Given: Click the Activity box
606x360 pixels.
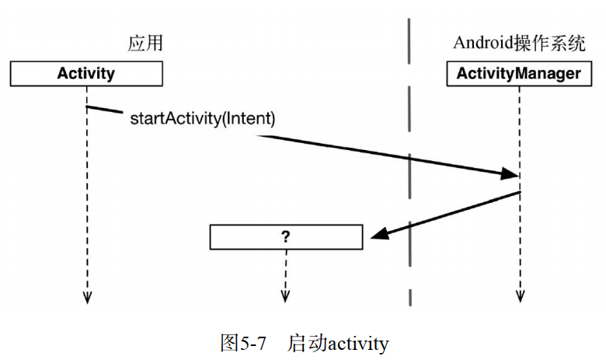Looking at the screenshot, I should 86,74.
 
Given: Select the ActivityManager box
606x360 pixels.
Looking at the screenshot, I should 518,74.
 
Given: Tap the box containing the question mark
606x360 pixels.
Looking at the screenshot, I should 285,237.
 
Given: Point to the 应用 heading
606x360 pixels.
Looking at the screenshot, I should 145,44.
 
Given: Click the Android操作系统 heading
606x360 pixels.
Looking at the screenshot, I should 519,44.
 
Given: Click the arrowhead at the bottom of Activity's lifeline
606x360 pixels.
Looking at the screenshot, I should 87,296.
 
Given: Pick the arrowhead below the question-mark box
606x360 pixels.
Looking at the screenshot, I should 285,296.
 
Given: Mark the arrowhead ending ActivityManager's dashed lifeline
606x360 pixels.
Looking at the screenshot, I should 519,296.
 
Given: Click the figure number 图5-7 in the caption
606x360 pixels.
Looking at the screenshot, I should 243,342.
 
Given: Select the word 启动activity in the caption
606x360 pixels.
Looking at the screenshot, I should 338,342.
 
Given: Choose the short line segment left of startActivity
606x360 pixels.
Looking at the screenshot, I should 105,110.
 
